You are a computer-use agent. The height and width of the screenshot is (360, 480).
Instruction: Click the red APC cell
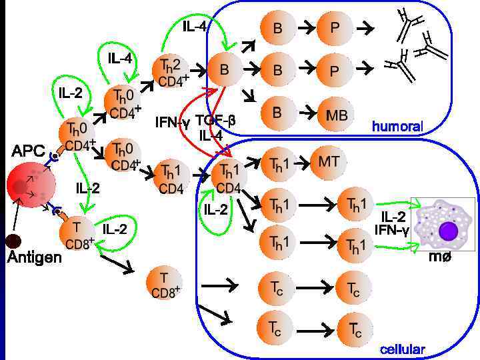[27, 183]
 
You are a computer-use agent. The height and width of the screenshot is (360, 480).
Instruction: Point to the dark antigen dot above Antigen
[13, 241]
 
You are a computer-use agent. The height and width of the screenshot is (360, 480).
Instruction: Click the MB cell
[337, 115]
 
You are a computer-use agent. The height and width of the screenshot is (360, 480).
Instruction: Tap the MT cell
[329, 162]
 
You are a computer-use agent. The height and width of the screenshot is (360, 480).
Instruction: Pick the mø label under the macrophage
[440, 257]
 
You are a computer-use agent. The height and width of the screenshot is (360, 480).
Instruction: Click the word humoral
[397, 127]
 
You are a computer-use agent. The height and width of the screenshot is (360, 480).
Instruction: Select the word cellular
[402, 349]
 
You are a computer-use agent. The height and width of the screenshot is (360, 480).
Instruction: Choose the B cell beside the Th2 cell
[225, 69]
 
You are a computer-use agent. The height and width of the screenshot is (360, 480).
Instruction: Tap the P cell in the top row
[337, 28]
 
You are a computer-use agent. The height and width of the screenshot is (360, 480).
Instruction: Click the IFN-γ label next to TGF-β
[172, 123]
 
